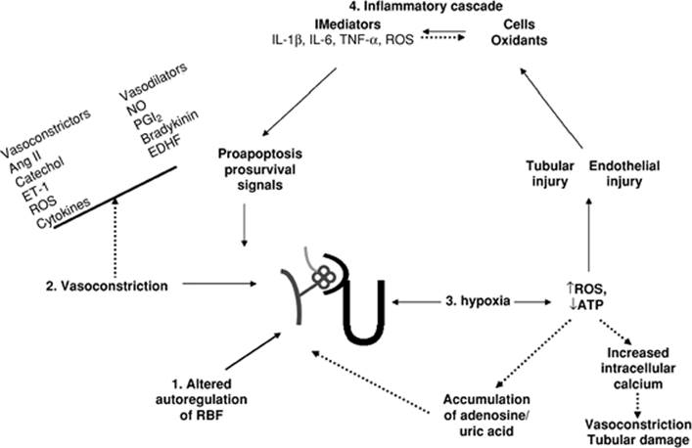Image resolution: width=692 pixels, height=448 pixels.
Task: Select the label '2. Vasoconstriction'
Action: tap(106, 286)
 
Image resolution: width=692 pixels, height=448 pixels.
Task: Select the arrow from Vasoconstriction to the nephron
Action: tap(235, 286)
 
